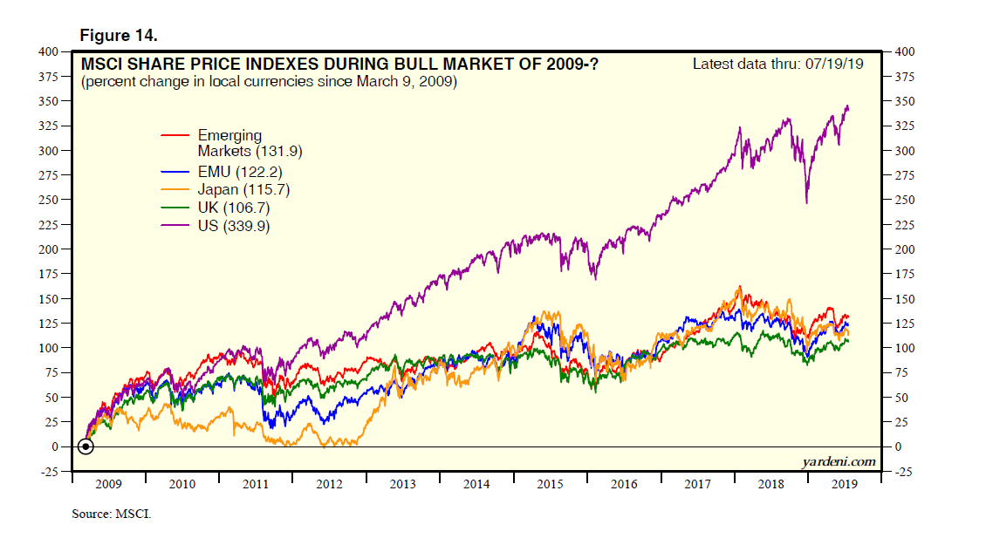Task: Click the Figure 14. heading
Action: click(x=118, y=35)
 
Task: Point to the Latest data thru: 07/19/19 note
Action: click(x=777, y=64)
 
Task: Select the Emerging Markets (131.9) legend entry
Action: click(x=229, y=143)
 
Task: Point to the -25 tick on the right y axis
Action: click(x=905, y=472)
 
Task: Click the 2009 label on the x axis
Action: click(x=108, y=484)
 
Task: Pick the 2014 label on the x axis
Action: click(x=477, y=484)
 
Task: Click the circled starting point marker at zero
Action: click(x=86, y=446)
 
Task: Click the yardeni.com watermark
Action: click(x=838, y=461)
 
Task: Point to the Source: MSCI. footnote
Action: click(x=111, y=515)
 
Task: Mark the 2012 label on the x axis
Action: click(x=330, y=484)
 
